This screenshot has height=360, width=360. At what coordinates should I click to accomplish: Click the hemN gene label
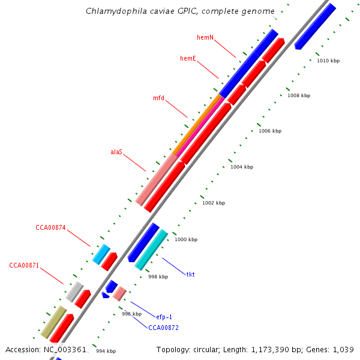click(x=205, y=37)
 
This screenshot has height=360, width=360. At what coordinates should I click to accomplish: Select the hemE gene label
click(x=188, y=58)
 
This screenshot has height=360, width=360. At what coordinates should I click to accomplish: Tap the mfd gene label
click(x=158, y=98)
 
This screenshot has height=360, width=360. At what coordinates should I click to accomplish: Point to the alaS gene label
click(x=116, y=152)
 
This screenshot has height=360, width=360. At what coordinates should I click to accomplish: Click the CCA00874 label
click(x=50, y=227)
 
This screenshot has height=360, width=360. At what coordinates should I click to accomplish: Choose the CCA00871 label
click(x=24, y=265)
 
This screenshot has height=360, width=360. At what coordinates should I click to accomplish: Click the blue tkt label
click(x=190, y=274)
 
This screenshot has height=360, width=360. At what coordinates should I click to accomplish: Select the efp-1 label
click(x=164, y=317)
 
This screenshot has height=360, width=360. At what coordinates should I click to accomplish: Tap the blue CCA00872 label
click(x=163, y=328)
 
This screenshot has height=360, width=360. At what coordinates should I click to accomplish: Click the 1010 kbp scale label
click(x=328, y=61)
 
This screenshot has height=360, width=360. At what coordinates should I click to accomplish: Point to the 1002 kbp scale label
click(x=214, y=203)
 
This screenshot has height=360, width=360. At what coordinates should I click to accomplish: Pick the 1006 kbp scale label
click(x=270, y=131)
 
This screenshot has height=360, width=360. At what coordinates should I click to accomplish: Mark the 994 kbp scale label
click(x=106, y=351)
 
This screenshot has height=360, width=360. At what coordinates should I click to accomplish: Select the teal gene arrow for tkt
click(x=151, y=250)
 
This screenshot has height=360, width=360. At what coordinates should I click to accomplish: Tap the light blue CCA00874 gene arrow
click(x=101, y=254)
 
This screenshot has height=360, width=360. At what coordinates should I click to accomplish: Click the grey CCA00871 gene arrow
click(x=74, y=291)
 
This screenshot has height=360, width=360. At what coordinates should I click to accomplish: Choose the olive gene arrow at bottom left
click(x=53, y=322)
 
